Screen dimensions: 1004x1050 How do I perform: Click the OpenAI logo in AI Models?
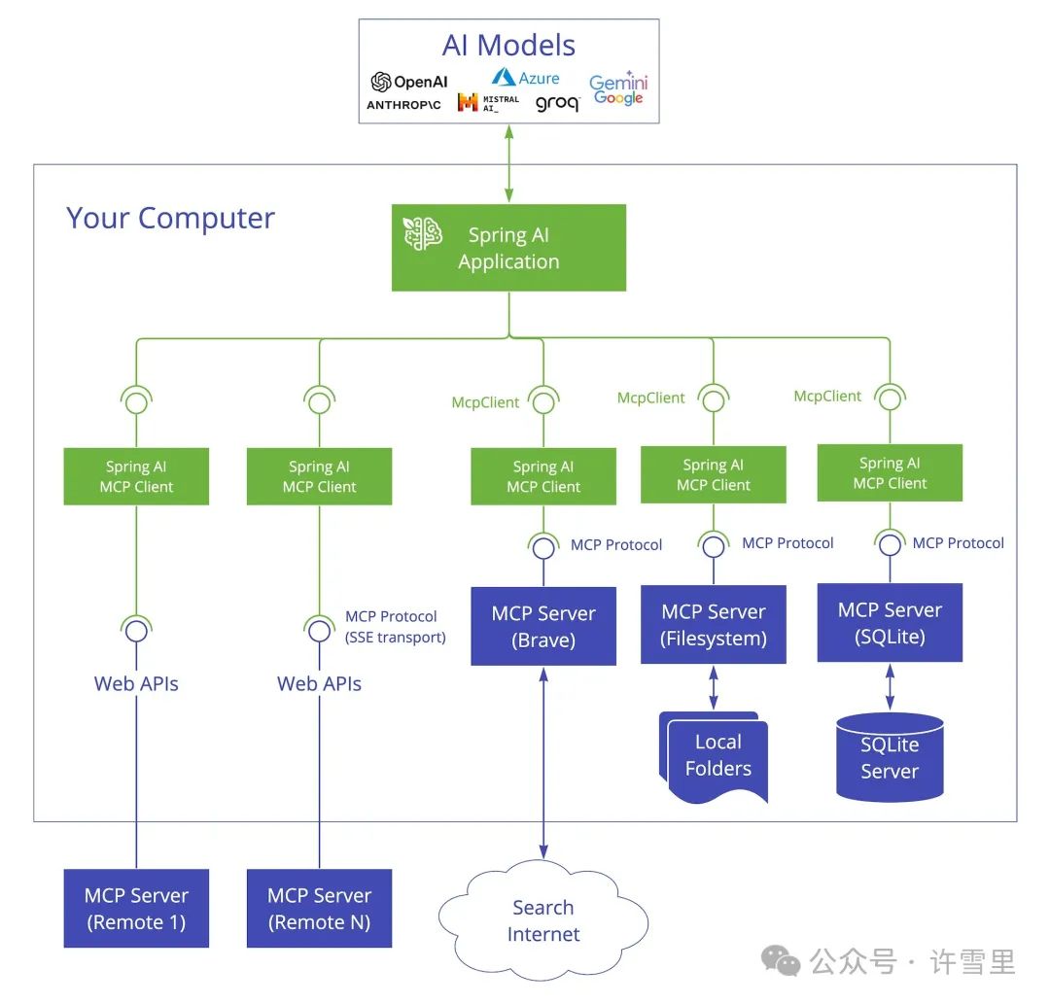pos(408,83)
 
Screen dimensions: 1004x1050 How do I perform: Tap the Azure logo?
pos(525,77)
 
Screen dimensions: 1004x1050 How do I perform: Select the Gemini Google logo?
pos(618,88)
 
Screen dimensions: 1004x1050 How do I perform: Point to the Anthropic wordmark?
pos(403,105)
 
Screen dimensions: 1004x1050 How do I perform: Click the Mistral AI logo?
pos(488,102)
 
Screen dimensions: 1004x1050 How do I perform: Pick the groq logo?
pos(557,104)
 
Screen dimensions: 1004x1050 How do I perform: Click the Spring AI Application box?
pos(508,248)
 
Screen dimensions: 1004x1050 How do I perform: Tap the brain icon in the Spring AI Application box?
pos(423,234)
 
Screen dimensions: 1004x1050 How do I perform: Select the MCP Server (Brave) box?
pos(542,626)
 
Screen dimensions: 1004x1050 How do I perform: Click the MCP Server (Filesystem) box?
pos(713,624)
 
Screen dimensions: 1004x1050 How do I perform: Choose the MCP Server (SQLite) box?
pos(890,623)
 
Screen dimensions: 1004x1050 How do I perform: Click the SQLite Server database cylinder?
pos(890,758)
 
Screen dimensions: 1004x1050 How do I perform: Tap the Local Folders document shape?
pos(716,756)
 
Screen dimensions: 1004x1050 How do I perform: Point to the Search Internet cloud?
pos(542,920)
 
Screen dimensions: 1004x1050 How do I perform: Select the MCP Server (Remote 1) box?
pos(136,908)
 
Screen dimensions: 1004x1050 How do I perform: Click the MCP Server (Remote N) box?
pos(319,908)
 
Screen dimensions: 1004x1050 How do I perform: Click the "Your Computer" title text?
pos(170,218)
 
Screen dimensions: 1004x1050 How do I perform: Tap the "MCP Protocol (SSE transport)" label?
pos(395,627)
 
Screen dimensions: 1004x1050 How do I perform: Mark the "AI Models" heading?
pos(508,45)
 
